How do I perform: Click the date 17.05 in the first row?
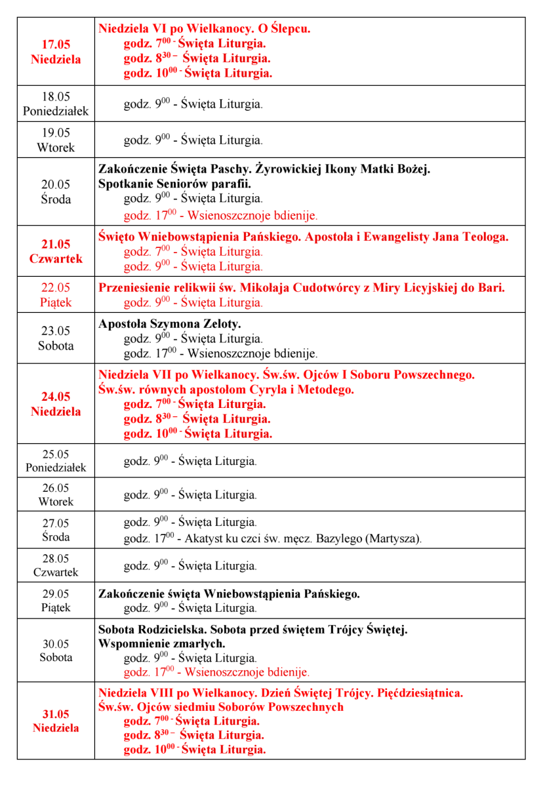coord(56,45)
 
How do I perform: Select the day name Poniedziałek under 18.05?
coord(56,111)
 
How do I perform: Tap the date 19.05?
coord(56,133)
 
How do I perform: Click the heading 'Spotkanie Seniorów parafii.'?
coord(174,184)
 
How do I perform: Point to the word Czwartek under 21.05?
coord(56,258)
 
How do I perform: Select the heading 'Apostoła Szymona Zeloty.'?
coord(170,324)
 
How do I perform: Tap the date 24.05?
coord(56,397)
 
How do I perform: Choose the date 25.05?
coord(56,454)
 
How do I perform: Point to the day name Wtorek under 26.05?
coord(56,502)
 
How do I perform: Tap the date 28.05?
coord(56,559)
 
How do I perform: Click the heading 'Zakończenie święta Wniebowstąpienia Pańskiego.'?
coord(229,594)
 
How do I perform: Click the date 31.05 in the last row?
coord(56,714)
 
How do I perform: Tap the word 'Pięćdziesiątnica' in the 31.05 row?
coord(420,693)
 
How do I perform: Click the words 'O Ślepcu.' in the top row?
coord(281,29)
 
